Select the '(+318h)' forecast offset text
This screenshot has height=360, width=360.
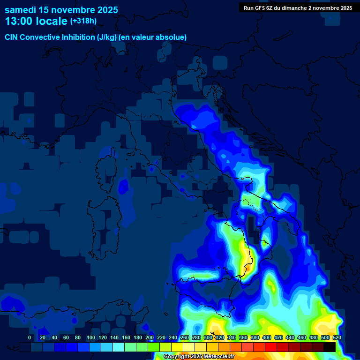pos(83,21)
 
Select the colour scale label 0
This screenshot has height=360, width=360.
pos(30,337)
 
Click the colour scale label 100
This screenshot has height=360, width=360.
pos(90,337)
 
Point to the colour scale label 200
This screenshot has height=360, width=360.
pos(149,337)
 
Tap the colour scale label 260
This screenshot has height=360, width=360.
pos(184,337)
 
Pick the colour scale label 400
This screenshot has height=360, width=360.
pos(266,337)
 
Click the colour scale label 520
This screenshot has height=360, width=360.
pos(337,337)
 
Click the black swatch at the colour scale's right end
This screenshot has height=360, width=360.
pos(330,347)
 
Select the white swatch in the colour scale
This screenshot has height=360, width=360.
pos(189,347)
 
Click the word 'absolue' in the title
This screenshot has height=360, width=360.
pos(174,37)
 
